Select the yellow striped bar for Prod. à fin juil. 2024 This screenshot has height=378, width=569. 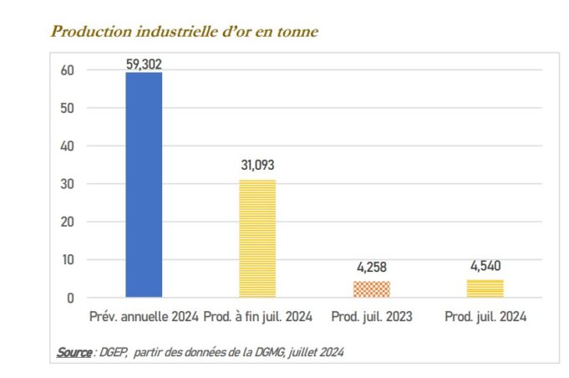257,238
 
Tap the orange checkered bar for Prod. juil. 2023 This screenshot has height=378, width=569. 372,289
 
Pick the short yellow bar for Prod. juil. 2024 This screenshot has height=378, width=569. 485,288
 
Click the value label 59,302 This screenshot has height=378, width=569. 144,62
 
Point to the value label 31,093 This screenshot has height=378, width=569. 257,166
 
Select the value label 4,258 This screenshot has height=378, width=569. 372,268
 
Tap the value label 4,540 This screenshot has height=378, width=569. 485,267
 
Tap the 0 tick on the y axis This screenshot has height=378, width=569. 70,298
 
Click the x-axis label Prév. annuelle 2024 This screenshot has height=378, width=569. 144,318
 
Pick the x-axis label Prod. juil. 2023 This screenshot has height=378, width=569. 372,318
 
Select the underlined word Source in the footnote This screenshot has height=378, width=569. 74,352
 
